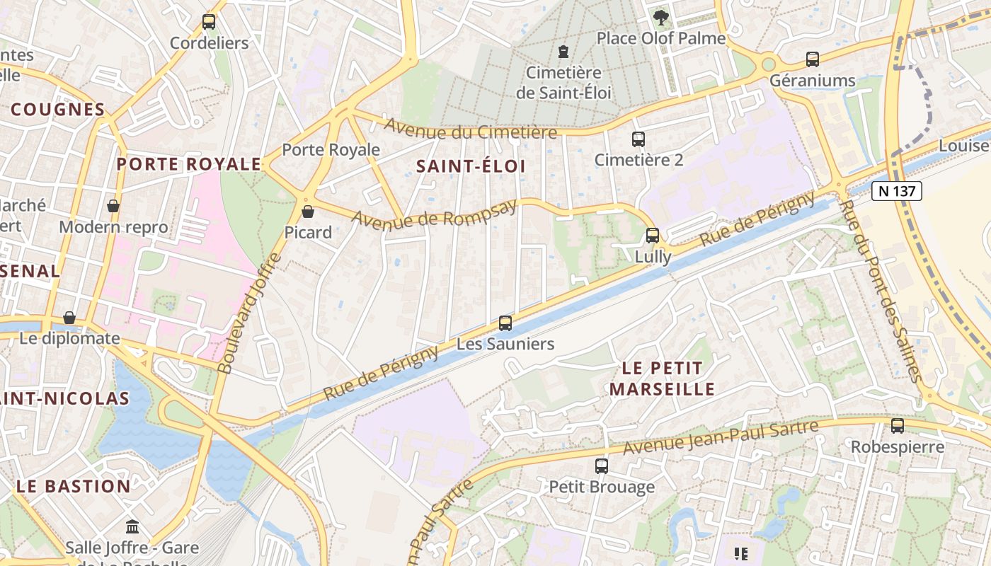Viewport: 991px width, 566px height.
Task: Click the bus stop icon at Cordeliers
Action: (209, 22)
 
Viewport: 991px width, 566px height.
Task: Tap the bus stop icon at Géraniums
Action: (813, 59)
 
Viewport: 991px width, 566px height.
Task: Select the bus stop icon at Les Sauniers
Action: (505, 323)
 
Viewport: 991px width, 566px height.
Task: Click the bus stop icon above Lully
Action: (653, 236)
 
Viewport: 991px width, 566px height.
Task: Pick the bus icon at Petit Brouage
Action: (602, 466)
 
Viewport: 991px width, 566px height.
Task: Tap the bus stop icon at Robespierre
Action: (898, 426)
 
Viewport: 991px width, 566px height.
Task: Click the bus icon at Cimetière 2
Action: (638, 139)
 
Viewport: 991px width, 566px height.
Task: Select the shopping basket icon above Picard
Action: (308, 212)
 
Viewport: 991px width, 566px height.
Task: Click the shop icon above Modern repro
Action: (113, 206)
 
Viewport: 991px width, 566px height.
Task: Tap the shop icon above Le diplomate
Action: (69, 318)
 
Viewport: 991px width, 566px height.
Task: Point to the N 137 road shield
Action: (897, 190)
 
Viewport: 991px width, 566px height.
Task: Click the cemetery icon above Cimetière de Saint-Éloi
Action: (563, 52)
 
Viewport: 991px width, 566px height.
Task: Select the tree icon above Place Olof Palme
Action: (661, 17)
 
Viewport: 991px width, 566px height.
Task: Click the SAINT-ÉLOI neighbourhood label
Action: (471, 166)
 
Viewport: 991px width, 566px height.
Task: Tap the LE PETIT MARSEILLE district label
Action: (662, 379)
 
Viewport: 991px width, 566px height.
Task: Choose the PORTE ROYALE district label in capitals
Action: (189, 164)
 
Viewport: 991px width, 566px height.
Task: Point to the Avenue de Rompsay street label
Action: (433, 214)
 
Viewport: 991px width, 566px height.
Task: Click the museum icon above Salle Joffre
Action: (132, 527)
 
